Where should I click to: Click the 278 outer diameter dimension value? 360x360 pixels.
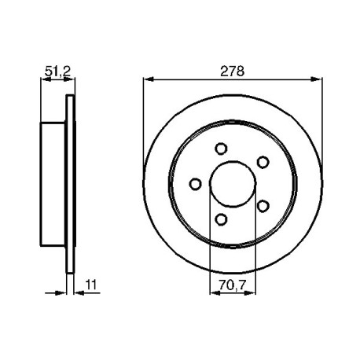click(x=232, y=72)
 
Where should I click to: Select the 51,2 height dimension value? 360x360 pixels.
click(x=57, y=72)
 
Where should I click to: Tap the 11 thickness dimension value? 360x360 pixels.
click(x=91, y=285)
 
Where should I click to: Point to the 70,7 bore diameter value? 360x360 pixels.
click(x=233, y=285)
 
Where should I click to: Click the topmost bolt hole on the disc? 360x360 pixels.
click(x=221, y=149)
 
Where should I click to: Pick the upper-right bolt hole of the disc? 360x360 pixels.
click(x=263, y=162)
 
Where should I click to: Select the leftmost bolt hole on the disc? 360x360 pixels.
click(x=195, y=184)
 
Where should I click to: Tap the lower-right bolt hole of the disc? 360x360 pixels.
click(x=263, y=206)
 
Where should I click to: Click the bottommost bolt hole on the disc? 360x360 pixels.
click(x=222, y=219)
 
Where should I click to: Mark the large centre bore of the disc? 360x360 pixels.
click(x=233, y=184)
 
